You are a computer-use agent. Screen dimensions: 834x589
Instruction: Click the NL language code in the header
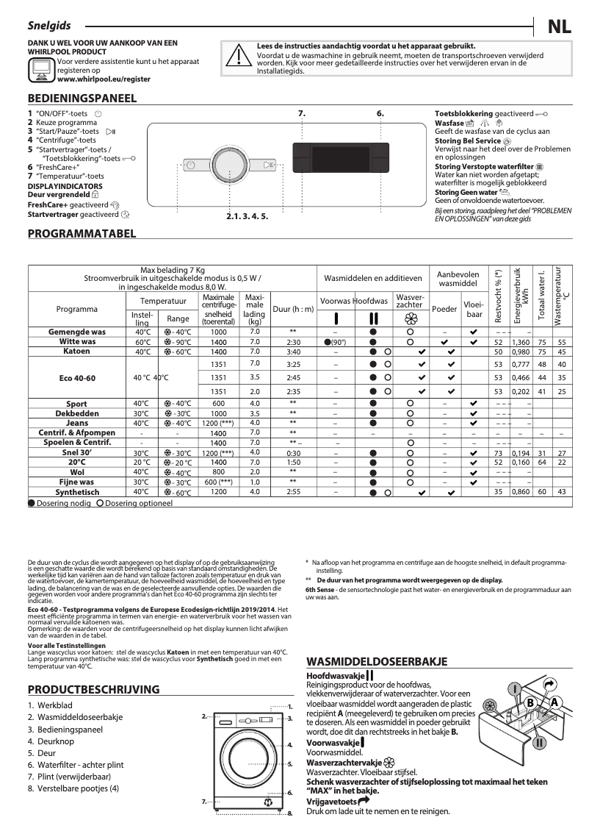560,26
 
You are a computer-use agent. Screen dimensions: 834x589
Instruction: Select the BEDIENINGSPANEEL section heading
81,98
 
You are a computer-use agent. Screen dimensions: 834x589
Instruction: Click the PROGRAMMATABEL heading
81,234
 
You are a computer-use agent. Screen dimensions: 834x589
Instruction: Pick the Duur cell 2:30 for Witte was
293,342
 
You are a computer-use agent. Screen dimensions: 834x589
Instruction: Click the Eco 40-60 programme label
76,377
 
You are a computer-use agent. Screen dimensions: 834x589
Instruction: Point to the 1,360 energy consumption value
520,342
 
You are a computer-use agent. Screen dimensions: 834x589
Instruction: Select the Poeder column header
444,310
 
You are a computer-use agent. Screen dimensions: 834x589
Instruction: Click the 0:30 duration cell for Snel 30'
293,452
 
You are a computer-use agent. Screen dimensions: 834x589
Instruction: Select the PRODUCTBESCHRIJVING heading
93,689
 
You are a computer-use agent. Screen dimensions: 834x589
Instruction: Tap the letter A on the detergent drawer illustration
554,702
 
